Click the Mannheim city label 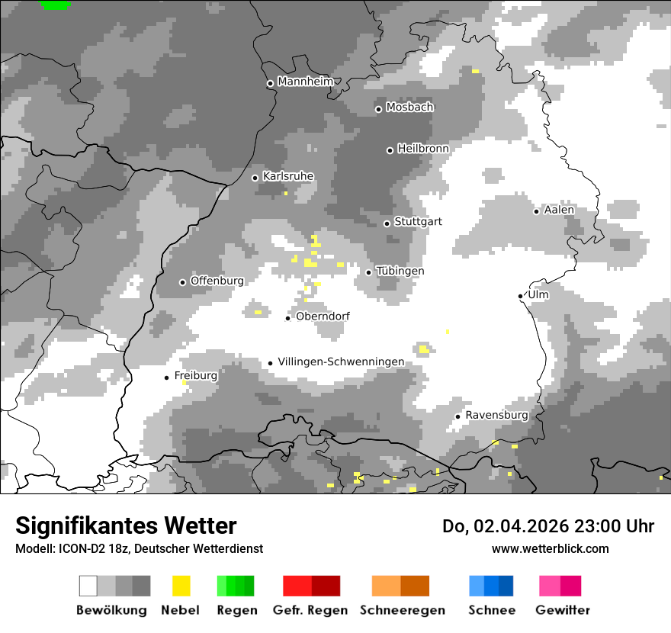coord(306,82)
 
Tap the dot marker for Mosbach coord(378,109)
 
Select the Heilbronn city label coord(423,149)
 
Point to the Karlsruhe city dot coord(255,178)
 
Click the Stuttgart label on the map coord(418,222)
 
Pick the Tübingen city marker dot coord(369,272)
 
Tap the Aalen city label coord(559,210)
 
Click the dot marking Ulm coord(520,296)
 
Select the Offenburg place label coord(217,281)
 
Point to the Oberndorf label coord(323,316)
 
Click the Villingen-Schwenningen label coord(341,361)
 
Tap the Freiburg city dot coord(167,378)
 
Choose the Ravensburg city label coord(496,415)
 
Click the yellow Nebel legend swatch coord(181,586)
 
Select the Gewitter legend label coord(562,610)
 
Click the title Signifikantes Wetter coord(126,525)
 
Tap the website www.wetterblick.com coord(550,548)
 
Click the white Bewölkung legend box coord(88,586)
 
